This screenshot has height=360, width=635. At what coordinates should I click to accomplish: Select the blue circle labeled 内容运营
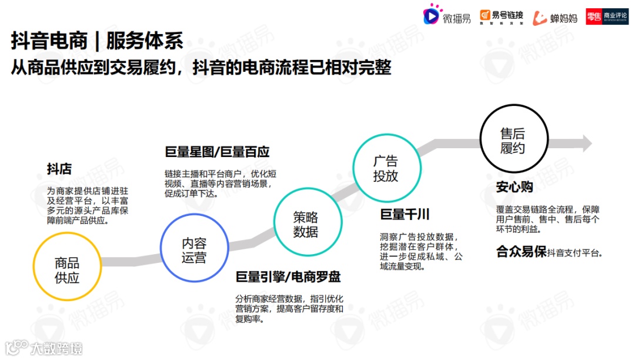point(194,250)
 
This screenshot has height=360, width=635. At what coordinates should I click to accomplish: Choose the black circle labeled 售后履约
point(512,141)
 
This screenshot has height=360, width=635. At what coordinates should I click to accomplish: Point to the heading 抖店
point(59,169)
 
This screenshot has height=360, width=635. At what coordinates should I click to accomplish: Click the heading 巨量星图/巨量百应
point(217,152)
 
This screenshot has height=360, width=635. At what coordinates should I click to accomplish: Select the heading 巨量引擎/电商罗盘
point(288,277)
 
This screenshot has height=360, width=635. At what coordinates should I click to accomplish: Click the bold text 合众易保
point(521,252)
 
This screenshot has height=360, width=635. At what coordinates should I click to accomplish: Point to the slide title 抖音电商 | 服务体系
point(98,41)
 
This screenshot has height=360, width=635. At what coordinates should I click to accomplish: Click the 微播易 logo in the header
point(447,17)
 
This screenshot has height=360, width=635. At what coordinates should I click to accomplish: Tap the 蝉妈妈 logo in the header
point(555,18)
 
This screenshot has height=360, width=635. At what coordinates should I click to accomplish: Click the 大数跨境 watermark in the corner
point(44,348)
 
